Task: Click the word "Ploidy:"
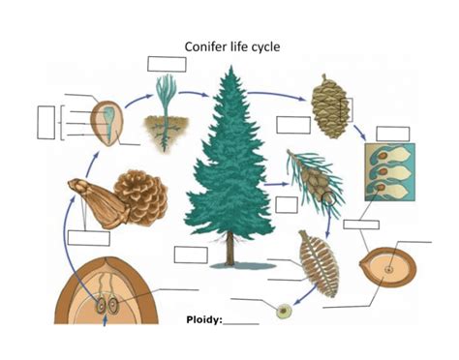pos(204,318)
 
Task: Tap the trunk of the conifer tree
pos(229,253)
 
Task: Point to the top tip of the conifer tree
pos(229,70)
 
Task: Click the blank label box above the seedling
pos(167,64)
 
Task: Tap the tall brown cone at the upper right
pos(328,101)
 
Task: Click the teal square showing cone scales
pos(389,171)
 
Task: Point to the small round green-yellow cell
pos(283,312)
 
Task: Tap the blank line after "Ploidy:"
pos(241,321)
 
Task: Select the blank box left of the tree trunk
pos(191,255)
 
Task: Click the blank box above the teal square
pos(392,134)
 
